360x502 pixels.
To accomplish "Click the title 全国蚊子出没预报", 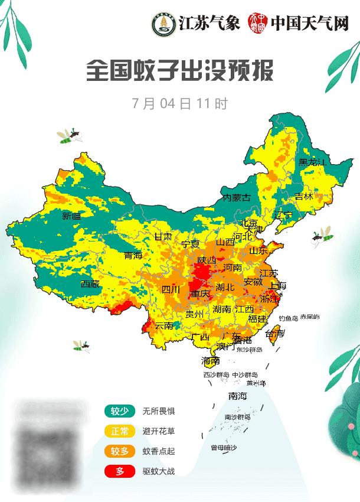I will click(x=180, y=72).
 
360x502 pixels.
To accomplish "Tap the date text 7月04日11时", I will click(x=180, y=104).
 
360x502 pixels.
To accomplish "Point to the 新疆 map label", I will click(x=71, y=216).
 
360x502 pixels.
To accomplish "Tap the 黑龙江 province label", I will click(x=312, y=162).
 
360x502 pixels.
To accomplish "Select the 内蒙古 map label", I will click(x=237, y=198).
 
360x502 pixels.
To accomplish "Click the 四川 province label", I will click(x=171, y=289).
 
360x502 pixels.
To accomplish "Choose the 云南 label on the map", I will click(x=164, y=325).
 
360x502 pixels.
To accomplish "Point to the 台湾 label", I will click(x=275, y=334).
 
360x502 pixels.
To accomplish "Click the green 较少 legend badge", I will click(x=120, y=411).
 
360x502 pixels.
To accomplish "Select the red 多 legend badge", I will click(x=120, y=471).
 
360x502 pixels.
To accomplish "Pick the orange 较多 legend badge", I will click(x=120, y=451).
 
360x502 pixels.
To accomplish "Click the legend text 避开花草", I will click(x=159, y=431).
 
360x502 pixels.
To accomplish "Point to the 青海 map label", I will click(x=133, y=256).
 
